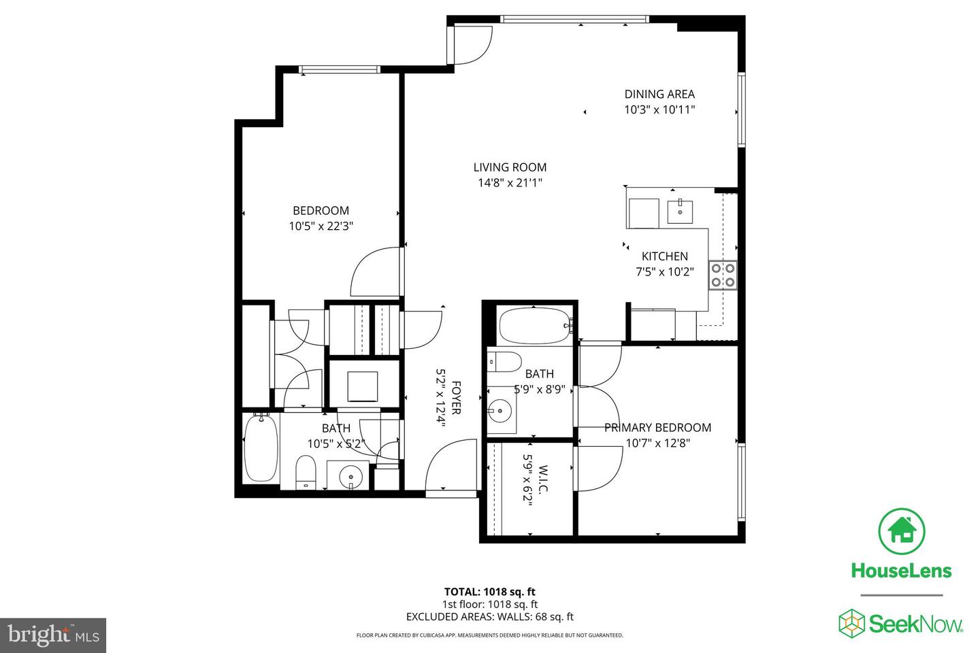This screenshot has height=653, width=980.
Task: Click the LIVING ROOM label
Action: [x=510, y=167]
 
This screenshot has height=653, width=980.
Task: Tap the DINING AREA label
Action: [x=659, y=95]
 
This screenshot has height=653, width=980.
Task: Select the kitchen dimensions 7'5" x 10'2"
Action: [x=664, y=271]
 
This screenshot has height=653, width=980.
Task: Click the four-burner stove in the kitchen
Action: [x=723, y=275]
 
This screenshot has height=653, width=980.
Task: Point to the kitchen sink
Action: [x=680, y=211]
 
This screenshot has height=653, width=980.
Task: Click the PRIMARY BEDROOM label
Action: [x=657, y=428]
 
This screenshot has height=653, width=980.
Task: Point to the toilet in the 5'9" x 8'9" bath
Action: [x=504, y=361]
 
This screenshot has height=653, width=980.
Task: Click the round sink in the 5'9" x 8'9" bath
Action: [x=500, y=411]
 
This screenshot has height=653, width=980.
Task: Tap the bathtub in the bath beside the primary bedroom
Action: [x=534, y=326]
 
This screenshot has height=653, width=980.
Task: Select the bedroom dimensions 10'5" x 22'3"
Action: [x=321, y=227]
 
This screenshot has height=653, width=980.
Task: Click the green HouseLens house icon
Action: [x=901, y=531]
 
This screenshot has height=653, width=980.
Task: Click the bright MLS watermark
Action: [x=52, y=635]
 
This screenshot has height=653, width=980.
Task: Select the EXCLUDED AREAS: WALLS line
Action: [x=489, y=617]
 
